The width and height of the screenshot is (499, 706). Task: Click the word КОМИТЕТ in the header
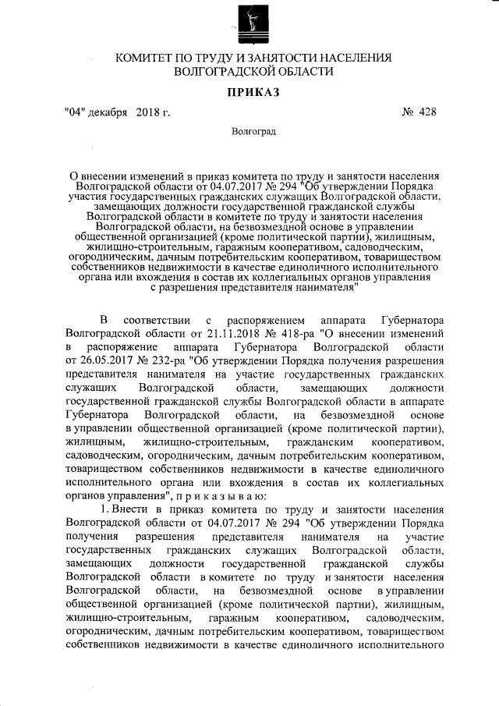click(149, 59)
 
